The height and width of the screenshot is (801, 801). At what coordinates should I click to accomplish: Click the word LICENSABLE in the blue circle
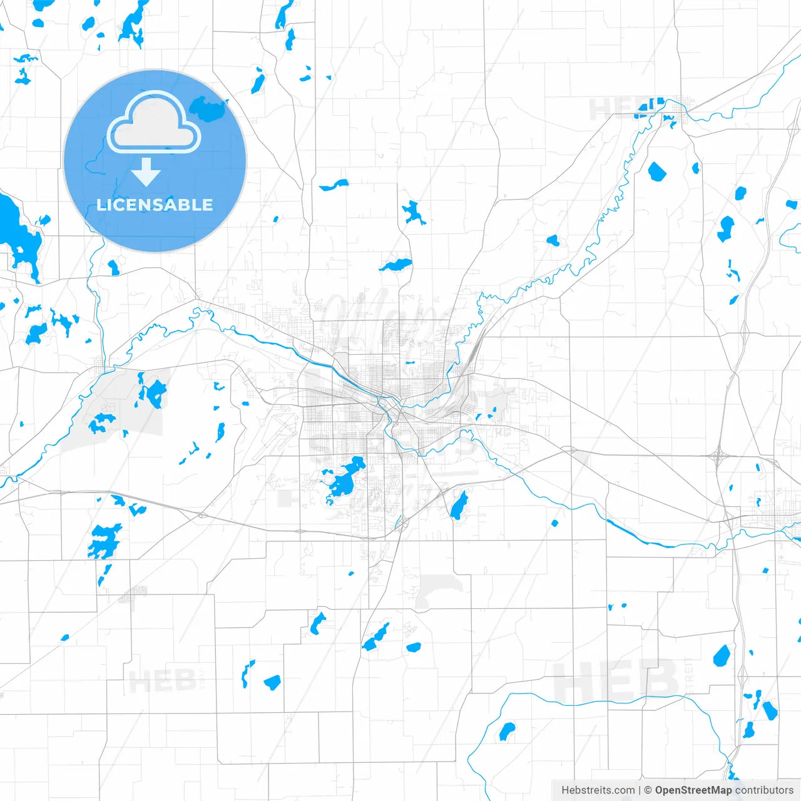(x=155, y=205)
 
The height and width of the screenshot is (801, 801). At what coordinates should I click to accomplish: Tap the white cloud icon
(x=154, y=123)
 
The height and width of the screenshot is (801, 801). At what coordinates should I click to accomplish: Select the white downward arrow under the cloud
(x=146, y=171)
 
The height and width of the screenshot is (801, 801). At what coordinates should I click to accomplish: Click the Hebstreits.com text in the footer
(x=598, y=790)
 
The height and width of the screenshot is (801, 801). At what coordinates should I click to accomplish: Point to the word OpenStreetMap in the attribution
(x=693, y=790)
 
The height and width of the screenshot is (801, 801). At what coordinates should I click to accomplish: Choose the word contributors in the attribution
(x=764, y=790)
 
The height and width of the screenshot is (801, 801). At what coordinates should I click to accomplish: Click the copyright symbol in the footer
(x=648, y=790)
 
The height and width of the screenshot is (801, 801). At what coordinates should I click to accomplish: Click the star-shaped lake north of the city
(x=413, y=213)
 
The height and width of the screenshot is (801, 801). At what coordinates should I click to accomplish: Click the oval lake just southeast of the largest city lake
(x=459, y=504)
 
